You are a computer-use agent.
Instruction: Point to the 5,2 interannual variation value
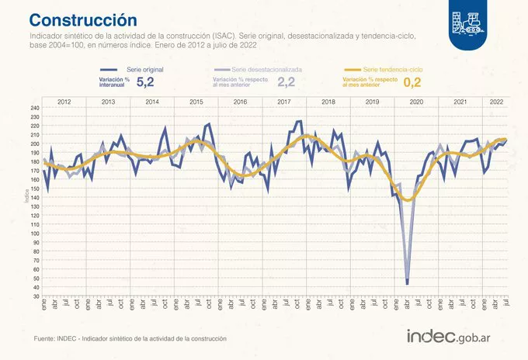point(145,81)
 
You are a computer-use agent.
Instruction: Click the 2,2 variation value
point(287,81)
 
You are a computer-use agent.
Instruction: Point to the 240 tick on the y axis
point(35,108)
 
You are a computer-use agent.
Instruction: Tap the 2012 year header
point(64,102)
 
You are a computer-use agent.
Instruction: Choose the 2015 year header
point(196,102)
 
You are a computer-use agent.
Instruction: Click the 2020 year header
point(416,102)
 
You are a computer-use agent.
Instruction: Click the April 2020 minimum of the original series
point(408,284)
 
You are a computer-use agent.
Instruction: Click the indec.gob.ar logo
point(454,337)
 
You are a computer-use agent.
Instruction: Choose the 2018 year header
point(328,102)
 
